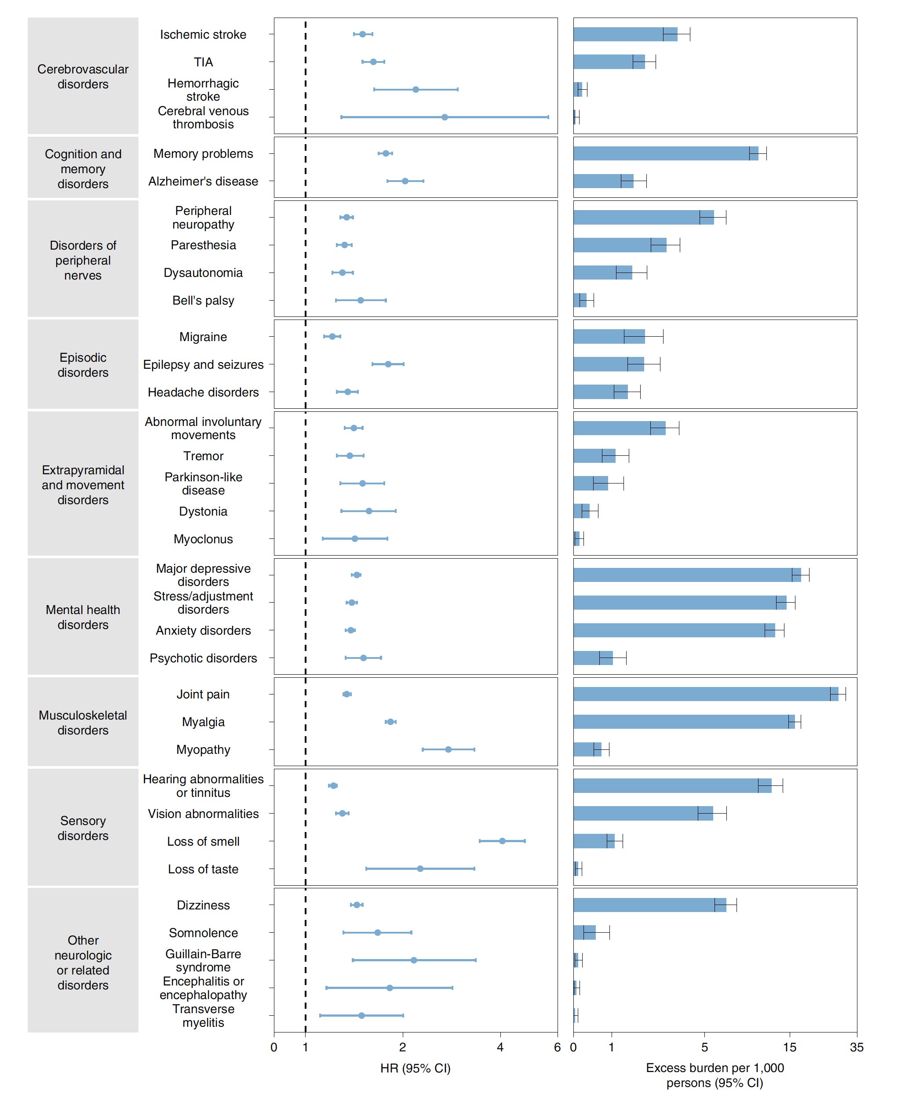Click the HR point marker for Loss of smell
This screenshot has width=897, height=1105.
click(502, 841)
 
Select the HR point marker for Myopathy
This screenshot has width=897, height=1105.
click(448, 749)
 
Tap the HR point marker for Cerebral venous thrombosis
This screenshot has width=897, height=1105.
click(445, 117)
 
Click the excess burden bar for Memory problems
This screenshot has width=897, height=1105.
click(666, 153)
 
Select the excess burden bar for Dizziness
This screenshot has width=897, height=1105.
click(649, 905)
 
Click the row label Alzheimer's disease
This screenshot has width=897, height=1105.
click(203, 182)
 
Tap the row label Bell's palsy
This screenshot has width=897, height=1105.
click(203, 301)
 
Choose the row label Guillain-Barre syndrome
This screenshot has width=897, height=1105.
click(203, 960)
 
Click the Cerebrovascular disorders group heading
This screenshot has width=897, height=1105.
click(83, 76)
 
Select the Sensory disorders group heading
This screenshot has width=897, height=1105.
click(83, 828)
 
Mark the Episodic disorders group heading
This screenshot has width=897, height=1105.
click(83, 365)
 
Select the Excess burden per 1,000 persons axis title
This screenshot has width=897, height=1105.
click(715, 1075)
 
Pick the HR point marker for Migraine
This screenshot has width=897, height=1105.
click(332, 337)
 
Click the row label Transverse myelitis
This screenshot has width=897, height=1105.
click(203, 1016)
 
